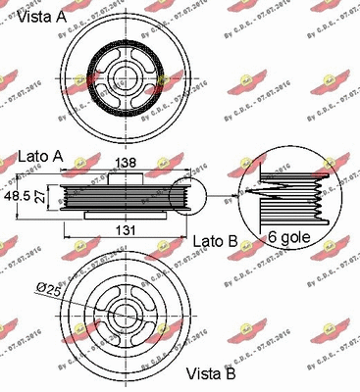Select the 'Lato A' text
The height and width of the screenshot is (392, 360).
(x=41, y=156)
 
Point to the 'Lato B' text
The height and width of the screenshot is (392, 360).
(x=216, y=240)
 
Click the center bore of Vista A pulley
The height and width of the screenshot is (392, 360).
(x=124, y=70)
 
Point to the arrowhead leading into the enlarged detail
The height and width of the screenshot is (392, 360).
(x=242, y=189)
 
